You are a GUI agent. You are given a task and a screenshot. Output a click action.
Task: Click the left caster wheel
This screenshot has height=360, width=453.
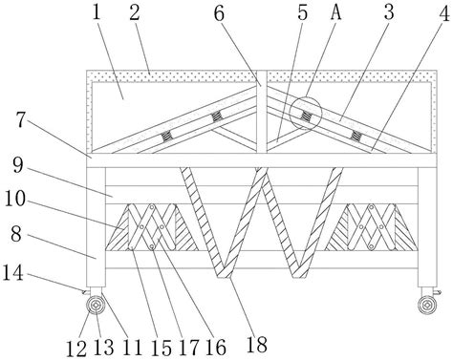(96, 307)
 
